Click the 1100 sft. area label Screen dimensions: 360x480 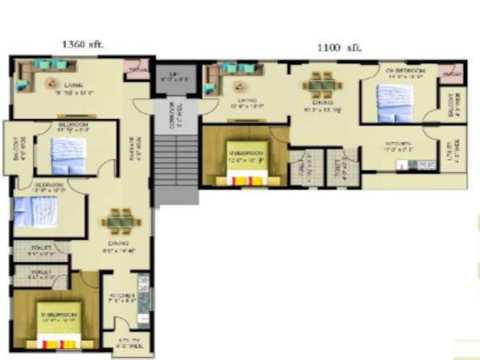pos(340,48)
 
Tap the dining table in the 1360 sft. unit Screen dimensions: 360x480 pos(120,219)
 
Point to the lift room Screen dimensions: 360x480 pos(174,78)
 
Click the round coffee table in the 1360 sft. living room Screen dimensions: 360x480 pos(52,82)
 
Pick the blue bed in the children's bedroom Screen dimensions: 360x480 pos(388,100)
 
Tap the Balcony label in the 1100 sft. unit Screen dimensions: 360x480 pos(452,104)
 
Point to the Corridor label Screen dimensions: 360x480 pos(177,113)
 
